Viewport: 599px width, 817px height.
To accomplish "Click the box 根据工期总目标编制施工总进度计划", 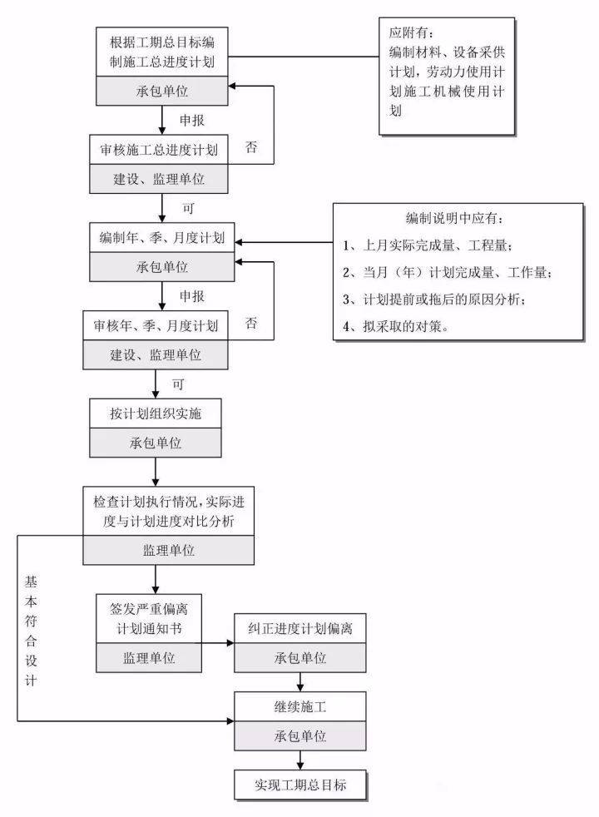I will coord(161,51).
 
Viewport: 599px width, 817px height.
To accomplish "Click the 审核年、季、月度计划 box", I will coord(156,326).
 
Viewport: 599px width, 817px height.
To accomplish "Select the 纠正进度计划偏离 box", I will coord(299,628).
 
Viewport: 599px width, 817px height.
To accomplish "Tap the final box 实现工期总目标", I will coord(299,785).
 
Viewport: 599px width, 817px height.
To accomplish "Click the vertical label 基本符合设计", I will coord(31,630).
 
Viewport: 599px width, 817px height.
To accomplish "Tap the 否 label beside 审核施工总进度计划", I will coord(250,147).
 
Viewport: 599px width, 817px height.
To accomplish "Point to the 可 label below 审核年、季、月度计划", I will coord(177,384).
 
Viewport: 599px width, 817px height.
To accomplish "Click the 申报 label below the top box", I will coord(192,120).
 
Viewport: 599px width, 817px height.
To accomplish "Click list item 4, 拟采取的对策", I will coord(396,327).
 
